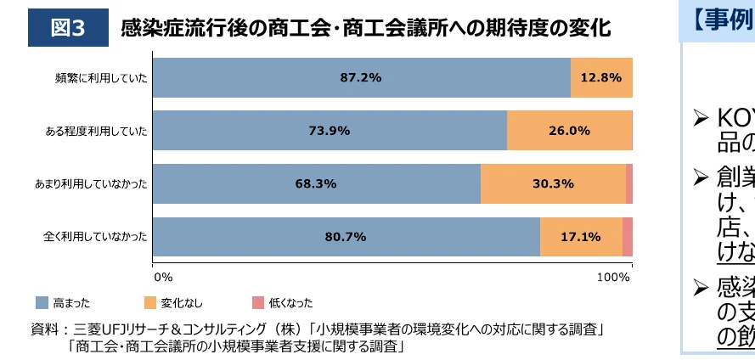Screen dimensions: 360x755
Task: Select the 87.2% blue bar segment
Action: (x=361, y=77)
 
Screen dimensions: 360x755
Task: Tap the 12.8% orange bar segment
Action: (x=601, y=77)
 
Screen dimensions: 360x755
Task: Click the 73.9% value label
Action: (x=329, y=130)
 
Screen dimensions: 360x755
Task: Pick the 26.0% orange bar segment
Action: (x=569, y=130)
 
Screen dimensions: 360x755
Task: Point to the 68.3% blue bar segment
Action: (x=316, y=183)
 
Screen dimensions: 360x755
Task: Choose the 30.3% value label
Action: (x=554, y=183)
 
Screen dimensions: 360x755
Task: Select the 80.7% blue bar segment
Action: (x=346, y=236)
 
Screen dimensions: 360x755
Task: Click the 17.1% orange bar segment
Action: (x=581, y=236)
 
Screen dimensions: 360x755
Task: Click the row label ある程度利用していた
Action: (x=97, y=131)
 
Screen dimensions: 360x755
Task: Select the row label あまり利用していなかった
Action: (x=91, y=184)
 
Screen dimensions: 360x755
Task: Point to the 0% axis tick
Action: (x=162, y=277)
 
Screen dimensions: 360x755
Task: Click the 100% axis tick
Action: (x=613, y=277)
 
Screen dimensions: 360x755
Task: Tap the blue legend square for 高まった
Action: (x=41, y=302)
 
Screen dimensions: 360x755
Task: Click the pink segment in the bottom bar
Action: (x=628, y=236)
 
